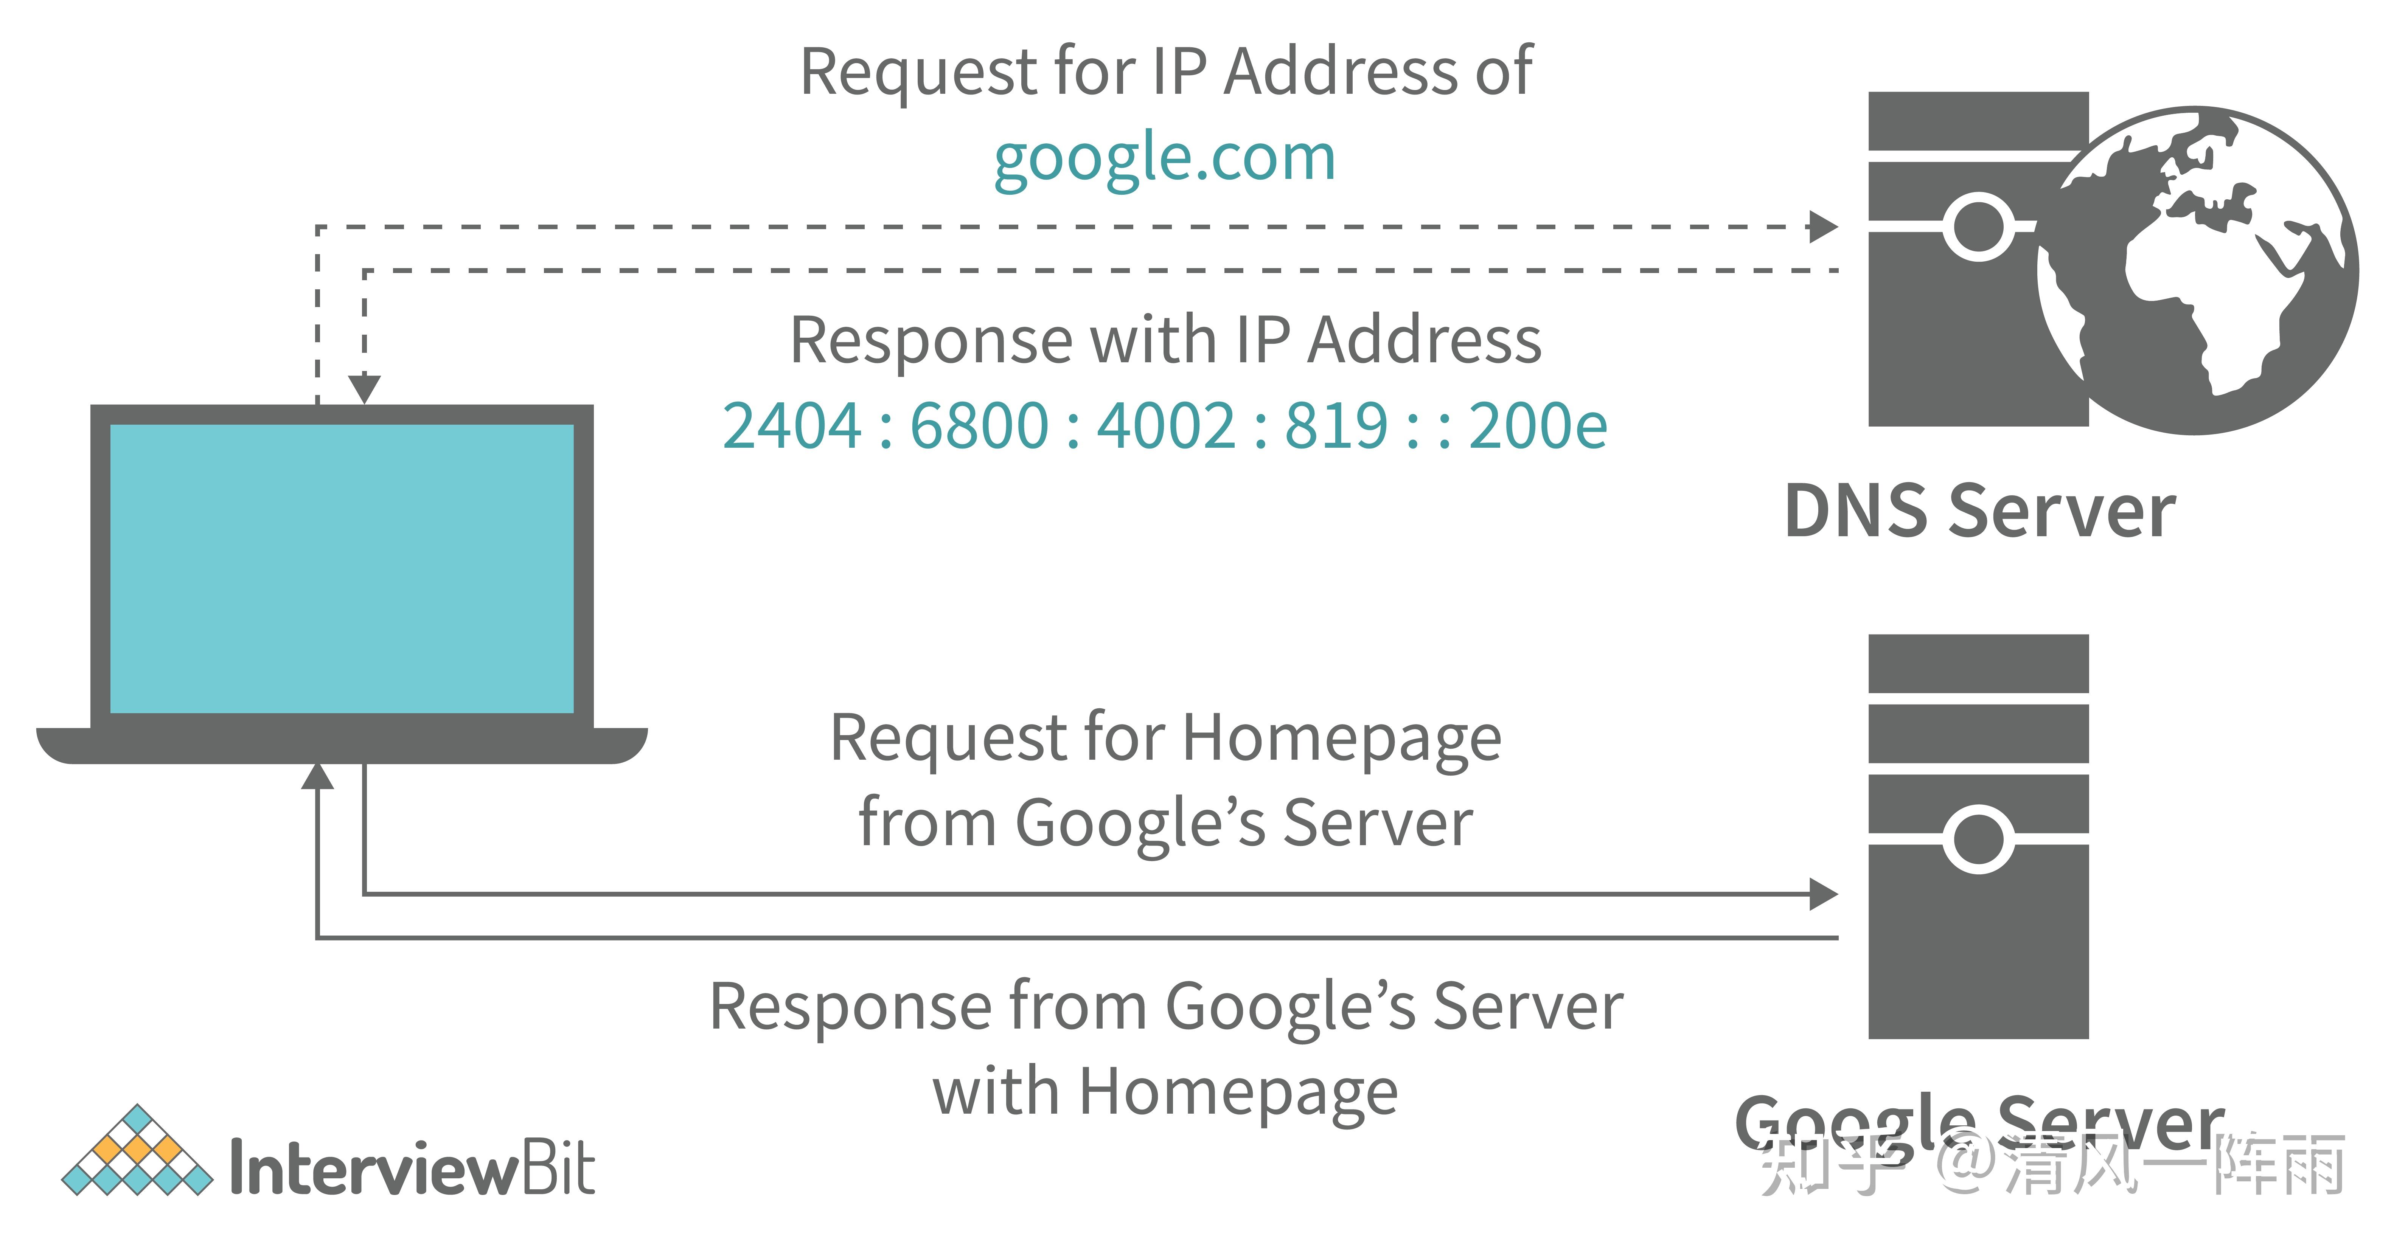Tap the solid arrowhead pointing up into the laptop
pyautogui.click(x=318, y=776)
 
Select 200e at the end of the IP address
pyautogui.click(x=1539, y=426)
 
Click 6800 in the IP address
pyautogui.click(x=980, y=426)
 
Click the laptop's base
pyautogui.click(x=342, y=746)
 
